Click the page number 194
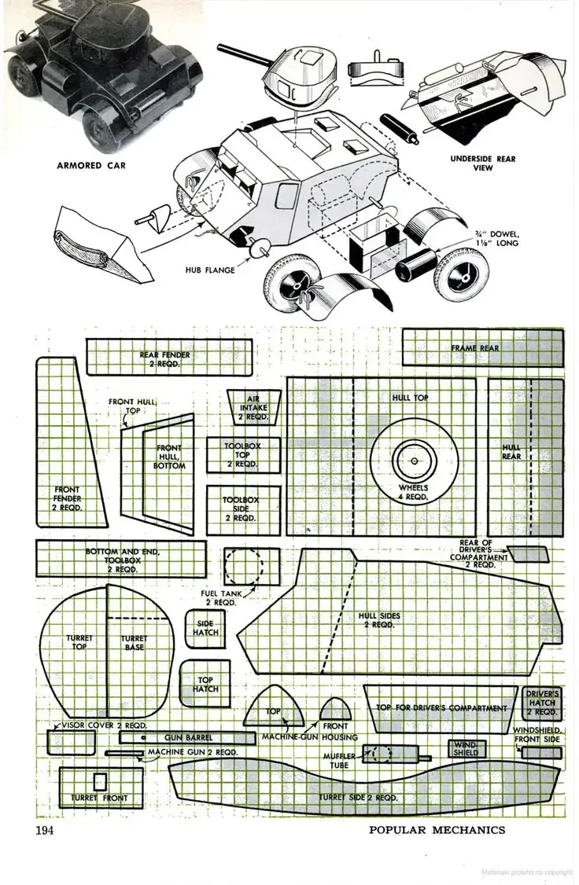pos(46,830)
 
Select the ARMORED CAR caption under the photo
pos(90,166)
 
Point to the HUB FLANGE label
pos(210,270)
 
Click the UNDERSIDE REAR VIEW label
pos(483,163)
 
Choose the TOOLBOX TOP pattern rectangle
pos(243,455)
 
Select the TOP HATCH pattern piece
pos(205,684)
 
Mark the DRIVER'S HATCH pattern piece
pos(542,703)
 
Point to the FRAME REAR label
pos(475,347)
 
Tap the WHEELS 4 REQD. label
pos(414,492)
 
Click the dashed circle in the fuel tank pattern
pos(244,566)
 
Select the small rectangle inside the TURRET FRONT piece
pos(99,782)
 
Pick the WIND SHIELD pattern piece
pos(465,748)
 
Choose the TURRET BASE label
pos(134,643)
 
